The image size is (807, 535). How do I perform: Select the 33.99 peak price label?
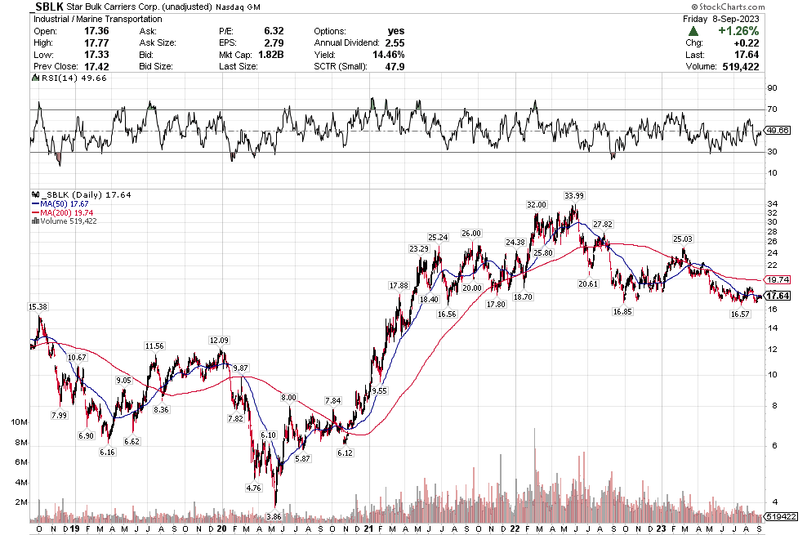[575, 195]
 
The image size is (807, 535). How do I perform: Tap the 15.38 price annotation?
[38, 306]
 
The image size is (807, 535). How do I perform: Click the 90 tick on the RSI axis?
[771, 88]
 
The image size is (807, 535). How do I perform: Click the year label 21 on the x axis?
[370, 528]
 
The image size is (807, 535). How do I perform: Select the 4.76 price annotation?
[252, 488]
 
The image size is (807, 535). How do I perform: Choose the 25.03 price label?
[682, 239]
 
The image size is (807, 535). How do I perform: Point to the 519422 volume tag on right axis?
[783, 517]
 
